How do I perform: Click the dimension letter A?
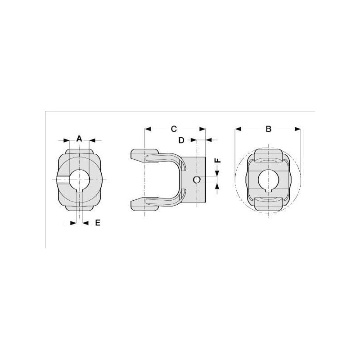click(79, 139)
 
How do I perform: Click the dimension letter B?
click(268, 129)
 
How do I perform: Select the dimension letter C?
click(174, 129)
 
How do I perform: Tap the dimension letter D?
click(181, 140)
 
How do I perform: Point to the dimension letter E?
click(98, 223)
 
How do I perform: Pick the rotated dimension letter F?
click(218, 160)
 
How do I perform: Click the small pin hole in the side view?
click(197, 180)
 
